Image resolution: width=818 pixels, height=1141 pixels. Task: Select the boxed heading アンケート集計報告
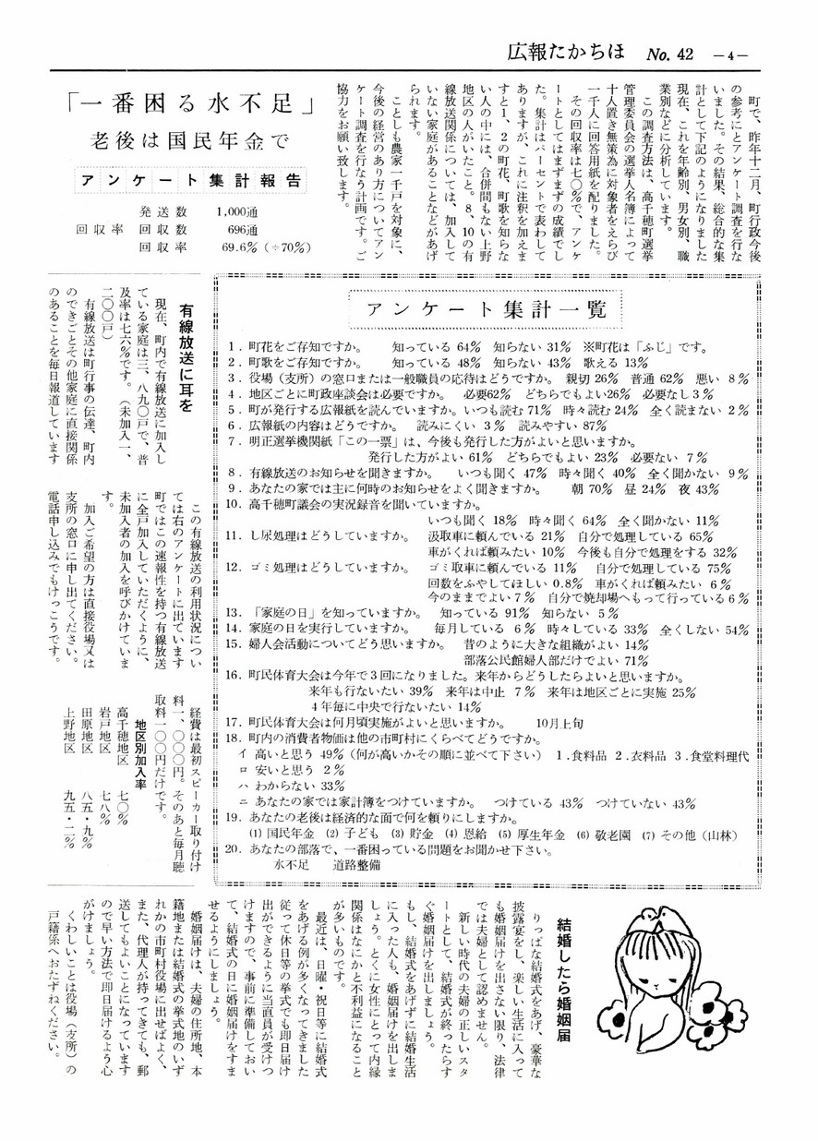177,180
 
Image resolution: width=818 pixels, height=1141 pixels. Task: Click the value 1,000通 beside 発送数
235,211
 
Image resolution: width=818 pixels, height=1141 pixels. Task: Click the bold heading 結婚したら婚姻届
564,979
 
